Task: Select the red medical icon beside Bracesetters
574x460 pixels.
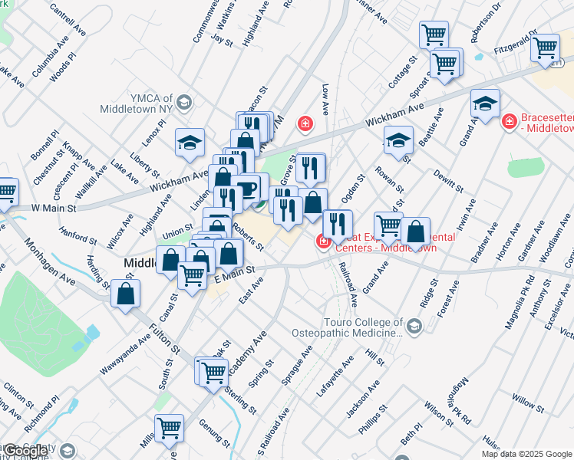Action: tap(508, 121)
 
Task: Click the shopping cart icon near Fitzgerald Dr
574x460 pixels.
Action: tap(545, 48)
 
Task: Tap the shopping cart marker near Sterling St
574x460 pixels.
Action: tap(215, 372)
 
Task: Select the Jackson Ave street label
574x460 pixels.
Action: tap(362, 399)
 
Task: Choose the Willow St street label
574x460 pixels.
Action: tap(527, 401)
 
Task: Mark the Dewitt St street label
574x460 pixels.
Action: tap(448, 180)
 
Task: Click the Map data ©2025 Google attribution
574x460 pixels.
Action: tap(526, 454)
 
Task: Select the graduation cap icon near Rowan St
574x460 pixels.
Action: tap(398, 140)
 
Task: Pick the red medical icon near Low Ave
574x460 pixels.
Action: tap(305, 123)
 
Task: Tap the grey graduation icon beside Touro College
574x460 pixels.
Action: tap(414, 327)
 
